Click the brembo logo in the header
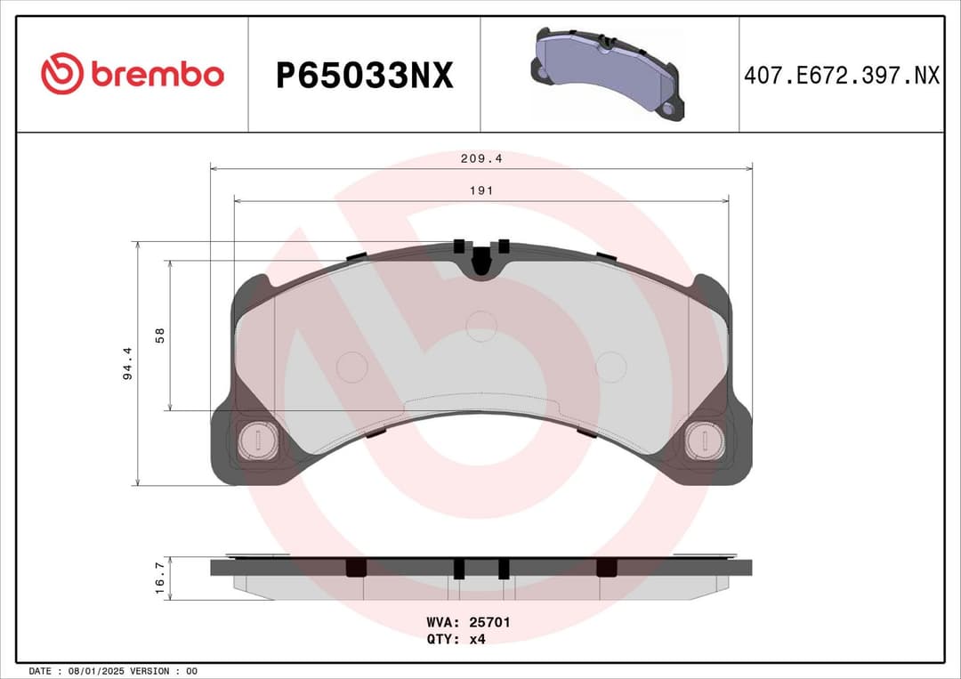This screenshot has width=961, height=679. pyautogui.click(x=133, y=75)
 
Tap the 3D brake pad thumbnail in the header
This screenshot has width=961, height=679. pyautogui.click(x=609, y=73)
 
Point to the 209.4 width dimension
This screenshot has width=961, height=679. pyautogui.click(x=481, y=159)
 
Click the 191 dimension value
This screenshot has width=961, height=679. pyautogui.click(x=481, y=190)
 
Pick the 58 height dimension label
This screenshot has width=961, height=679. pyautogui.click(x=160, y=335)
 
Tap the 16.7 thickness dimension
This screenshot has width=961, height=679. pyautogui.click(x=160, y=578)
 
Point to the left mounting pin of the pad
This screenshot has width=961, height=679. pyautogui.click(x=258, y=441)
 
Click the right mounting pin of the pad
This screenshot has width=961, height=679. pyautogui.click(x=705, y=441)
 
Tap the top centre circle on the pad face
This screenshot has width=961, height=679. pyautogui.click(x=481, y=326)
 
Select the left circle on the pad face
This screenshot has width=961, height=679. pyautogui.click(x=352, y=367)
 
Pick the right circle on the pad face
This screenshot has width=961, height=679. pyautogui.click(x=611, y=367)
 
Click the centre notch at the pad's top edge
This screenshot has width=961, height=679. pyautogui.click(x=480, y=261)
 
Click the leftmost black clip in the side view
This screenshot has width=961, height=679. pyautogui.click(x=356, y=568)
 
